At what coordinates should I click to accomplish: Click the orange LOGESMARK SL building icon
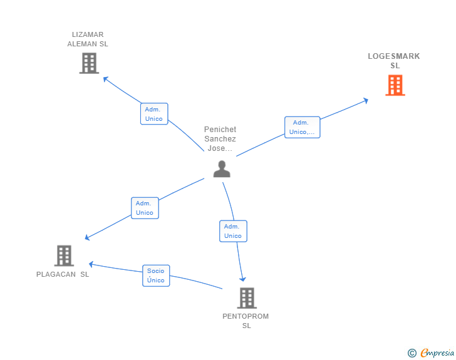(x=395, y=85)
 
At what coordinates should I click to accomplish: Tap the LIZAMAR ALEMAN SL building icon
(x=89, y=63)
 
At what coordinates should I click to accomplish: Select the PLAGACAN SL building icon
(x=64, y=255)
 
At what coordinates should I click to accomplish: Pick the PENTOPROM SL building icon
(x=247, y=298)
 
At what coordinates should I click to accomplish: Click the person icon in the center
(x=222, y=169)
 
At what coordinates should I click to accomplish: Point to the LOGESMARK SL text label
(x=394, y=61)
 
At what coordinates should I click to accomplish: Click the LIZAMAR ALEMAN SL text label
(x=88, y=39)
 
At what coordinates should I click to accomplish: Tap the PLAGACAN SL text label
(x=63, y=274)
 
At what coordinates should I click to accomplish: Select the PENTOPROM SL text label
(x=246, y=321)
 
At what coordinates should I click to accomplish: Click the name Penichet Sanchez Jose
(x=220, y=139)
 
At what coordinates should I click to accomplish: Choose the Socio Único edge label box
(x=155, y=275)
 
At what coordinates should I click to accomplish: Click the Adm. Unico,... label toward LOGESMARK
(x=302, y=127)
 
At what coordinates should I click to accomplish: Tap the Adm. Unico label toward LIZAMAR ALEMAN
(x=153, y=114)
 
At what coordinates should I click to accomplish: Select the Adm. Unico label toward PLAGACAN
(x=145, y=208)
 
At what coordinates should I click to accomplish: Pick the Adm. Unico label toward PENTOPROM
(x=233, y=231)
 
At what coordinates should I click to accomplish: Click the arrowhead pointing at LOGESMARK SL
(x=366, y=100)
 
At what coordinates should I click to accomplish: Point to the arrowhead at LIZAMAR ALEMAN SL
(x=106, y=79)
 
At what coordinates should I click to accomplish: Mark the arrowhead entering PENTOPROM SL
(x=242, y=279)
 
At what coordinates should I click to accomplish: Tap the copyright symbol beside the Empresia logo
(x=412, y=354)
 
